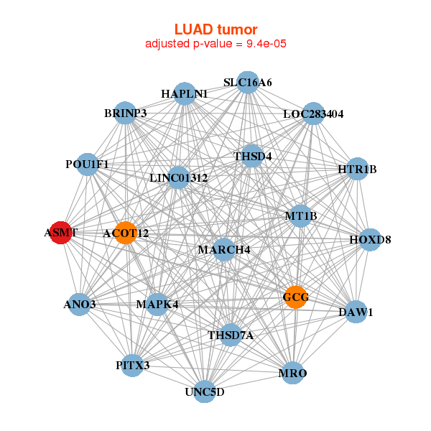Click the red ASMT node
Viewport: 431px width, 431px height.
point(61,233)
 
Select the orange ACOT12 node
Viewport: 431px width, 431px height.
point(125,233)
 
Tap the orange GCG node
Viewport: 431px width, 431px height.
point(295,297)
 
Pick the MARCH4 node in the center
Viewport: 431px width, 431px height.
point(223,249)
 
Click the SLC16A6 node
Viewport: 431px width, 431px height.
point(247,82)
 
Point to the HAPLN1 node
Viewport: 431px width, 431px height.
point(185,93)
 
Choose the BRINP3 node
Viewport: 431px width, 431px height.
point(126,113)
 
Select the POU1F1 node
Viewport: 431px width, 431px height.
point(87,164)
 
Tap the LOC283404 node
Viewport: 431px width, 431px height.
point(312,113)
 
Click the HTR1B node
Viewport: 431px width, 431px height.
point(357,170)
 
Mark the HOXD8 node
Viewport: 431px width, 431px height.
point(369,239)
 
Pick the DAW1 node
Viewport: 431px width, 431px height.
point(356,312)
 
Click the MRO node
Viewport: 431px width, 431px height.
point(292,374)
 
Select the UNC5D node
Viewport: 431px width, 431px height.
point(205,391)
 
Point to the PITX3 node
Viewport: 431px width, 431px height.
point(133,366)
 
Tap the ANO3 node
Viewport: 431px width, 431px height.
point(80,305)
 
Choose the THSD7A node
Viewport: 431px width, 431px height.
point(231,335)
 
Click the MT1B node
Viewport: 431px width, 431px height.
point(300,215)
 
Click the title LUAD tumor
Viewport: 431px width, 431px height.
point(215,29)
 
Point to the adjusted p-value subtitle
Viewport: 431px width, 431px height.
point(215,44)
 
